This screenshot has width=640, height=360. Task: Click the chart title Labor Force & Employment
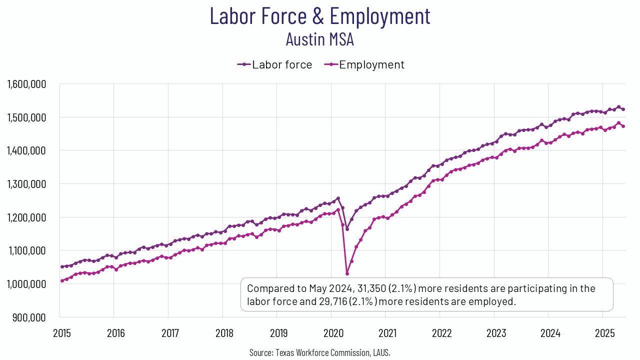(x=320, y=15)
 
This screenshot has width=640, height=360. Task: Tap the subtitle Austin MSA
(x=320, y=39)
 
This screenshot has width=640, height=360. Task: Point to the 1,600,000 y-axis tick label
(x=27, y=84)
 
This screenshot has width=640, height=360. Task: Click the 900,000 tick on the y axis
(x=31, y=317)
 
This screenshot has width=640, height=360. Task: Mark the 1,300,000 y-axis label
(x=27, y=184)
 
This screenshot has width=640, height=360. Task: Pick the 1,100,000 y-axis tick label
(x=27, y=250)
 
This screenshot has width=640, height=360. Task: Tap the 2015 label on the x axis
(x=61, y=332)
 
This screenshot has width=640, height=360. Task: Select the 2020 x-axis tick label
(x=333, y=332)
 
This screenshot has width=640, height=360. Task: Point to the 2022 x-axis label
(x=441, y=332)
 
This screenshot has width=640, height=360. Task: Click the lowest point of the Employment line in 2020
(x=347, y=273)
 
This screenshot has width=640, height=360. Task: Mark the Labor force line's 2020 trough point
(x=347, y=229)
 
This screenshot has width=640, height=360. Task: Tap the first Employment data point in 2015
(x=62, y=281)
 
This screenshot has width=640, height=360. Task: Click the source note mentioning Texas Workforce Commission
(x=320, y=352)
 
